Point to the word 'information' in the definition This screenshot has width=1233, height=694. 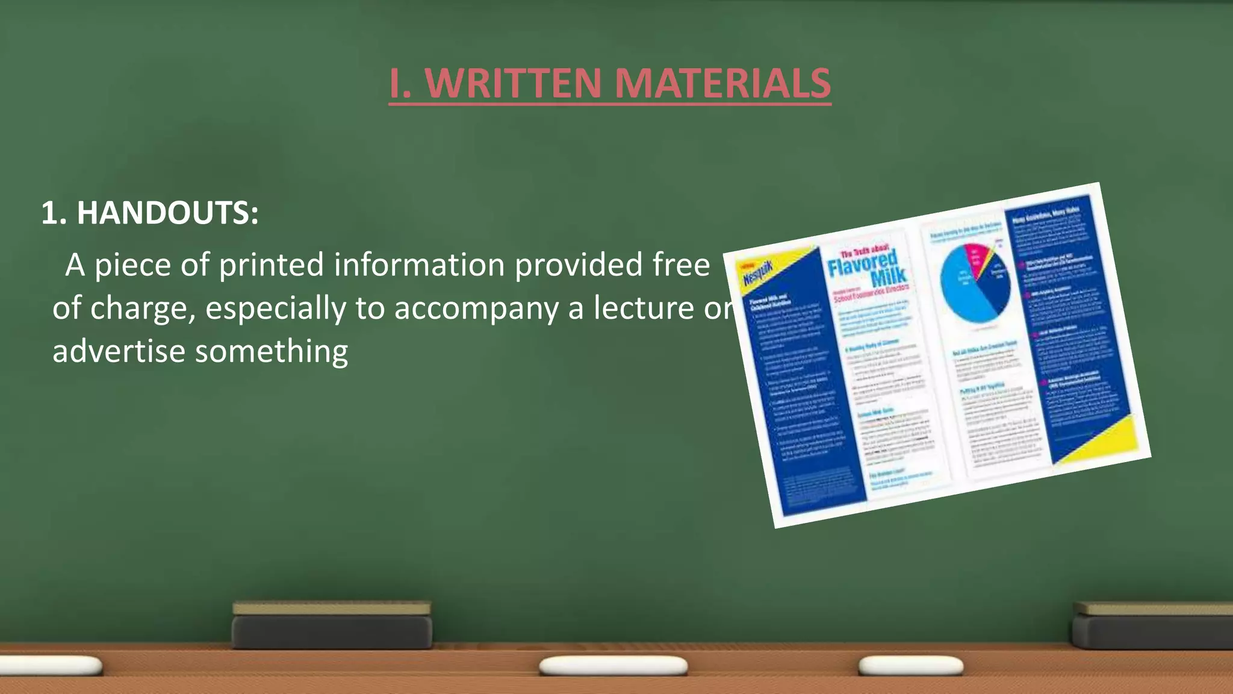(x=420, y=265)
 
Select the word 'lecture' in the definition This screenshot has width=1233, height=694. (x=644, y=308)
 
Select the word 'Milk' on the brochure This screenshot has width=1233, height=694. (x=889, y=277)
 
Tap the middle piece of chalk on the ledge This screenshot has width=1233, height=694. (x=613, y=666)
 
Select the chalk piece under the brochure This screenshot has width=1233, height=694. (x=910, y=665)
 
